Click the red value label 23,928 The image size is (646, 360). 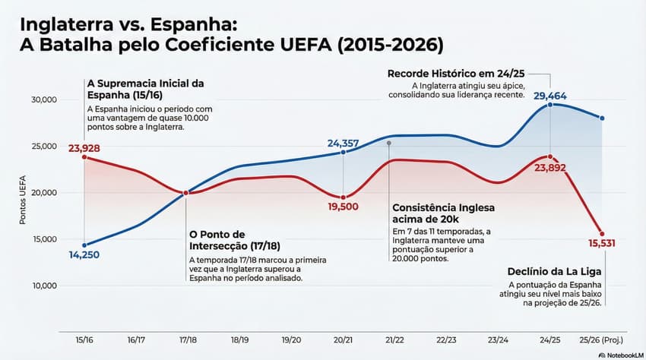pos(84,148)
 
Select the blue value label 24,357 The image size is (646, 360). pos(343,143)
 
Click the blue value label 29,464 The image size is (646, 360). pos(549,96)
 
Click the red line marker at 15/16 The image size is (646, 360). pos(84,157)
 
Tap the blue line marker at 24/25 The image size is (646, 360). pos(549,105)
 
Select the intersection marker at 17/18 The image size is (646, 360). pos(186,193)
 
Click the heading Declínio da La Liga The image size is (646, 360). pos(556,271)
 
